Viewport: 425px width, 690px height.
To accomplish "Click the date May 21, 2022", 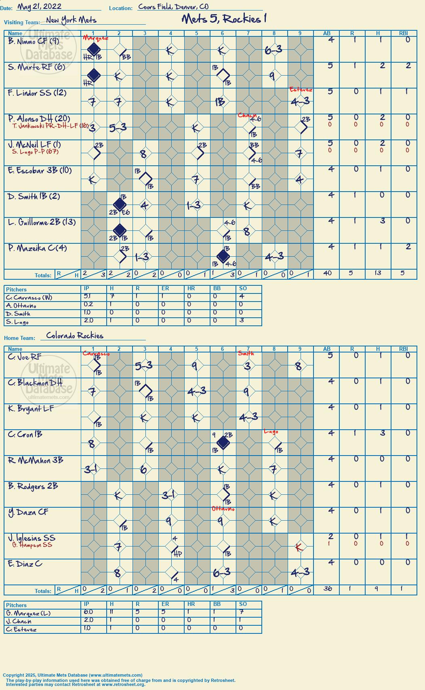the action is pos(39,6).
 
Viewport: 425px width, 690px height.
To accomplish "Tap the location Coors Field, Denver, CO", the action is pos(173,6).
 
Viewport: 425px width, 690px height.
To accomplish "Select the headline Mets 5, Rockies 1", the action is pos(224,19).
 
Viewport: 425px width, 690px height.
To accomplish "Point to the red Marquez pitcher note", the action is pos(95,38).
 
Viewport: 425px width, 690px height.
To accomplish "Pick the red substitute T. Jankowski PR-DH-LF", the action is pos(50,126).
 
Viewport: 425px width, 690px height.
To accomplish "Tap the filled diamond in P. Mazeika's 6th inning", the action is pos(223,256).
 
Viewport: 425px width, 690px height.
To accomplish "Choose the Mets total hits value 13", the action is pos(378,273).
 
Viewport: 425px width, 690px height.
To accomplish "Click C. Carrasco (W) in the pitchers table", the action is pos(29,298).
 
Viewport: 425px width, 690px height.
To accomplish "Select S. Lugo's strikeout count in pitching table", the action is pos(242,320).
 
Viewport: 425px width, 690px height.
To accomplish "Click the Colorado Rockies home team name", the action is pos(75,336).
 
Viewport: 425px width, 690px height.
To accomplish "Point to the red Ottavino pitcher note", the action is pos(223,509).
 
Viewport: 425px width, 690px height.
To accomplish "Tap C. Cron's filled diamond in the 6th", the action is pos(223,443).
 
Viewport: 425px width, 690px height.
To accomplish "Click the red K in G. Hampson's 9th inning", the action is pos(299,547).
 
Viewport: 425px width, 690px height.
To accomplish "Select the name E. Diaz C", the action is pos(25,564).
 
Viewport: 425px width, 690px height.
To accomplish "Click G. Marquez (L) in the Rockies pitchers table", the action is pos(28,613).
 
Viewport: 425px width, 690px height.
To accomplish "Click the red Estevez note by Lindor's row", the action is pos(301,90).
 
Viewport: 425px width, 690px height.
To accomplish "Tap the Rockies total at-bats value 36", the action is pos(327,589).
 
